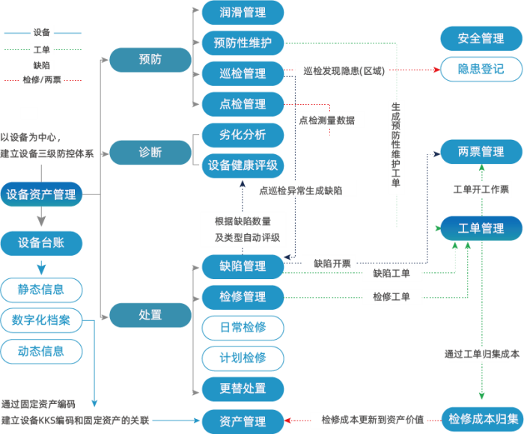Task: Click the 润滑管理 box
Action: pos(243,13)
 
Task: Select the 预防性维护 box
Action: pos(243,43)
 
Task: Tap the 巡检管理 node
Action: pos(243,73)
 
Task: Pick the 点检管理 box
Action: pos(243,103)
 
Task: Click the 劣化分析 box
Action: pos(243,135)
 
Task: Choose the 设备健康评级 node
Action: pos(243,165)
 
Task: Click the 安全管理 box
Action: pos(481,38)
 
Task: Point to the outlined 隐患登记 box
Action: pos(481,70)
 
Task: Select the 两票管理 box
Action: pos(481,152)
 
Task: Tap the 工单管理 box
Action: pos(481,228)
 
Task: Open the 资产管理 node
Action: pos(243,421)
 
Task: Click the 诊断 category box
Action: pos(150,152)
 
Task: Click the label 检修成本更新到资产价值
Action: pos(372,420)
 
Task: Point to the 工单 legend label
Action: pos(42,49)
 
